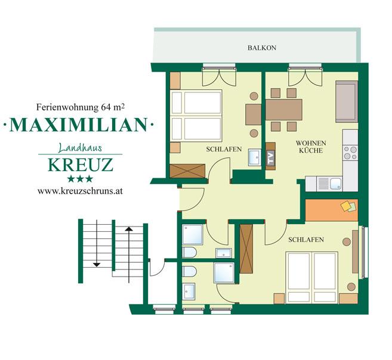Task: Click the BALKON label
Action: (262, 48)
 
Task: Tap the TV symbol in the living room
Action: (271, 157)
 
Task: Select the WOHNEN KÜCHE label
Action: (311, 147)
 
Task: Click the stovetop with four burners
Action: (350, 153)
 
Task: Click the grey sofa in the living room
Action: (347, 101)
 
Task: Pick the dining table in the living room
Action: (284, 110)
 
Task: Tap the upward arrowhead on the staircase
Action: (129, 229)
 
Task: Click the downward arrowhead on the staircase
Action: (97, 265)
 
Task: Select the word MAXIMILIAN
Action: (79, 125)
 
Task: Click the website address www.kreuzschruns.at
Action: (80, 191)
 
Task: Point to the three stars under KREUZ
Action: (80, 179)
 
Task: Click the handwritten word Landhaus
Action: (80, 148)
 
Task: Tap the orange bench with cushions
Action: (332, 210)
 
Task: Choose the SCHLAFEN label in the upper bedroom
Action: (224, 149)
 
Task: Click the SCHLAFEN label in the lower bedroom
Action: (306, 240)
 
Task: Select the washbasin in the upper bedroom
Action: (255, 157)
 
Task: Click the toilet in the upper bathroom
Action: (189, 252)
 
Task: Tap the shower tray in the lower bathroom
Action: (224, 273)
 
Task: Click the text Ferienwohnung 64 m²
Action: (81, 107)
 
